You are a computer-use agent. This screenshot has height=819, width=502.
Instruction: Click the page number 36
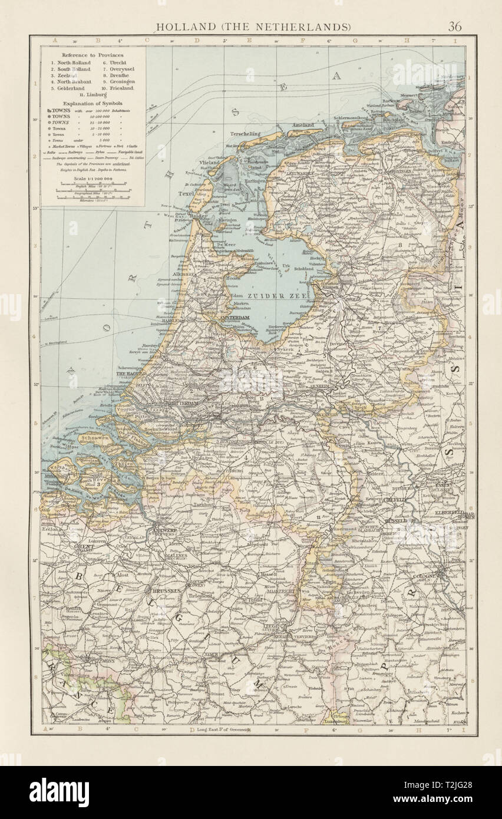point(454,27)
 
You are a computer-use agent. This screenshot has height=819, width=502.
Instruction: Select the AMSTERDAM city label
point(235,318)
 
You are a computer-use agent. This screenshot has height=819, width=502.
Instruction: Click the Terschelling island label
point(246,134)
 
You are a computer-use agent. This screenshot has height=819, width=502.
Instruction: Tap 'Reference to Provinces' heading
point(91,55)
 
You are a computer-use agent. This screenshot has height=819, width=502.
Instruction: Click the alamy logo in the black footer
point(59,792)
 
